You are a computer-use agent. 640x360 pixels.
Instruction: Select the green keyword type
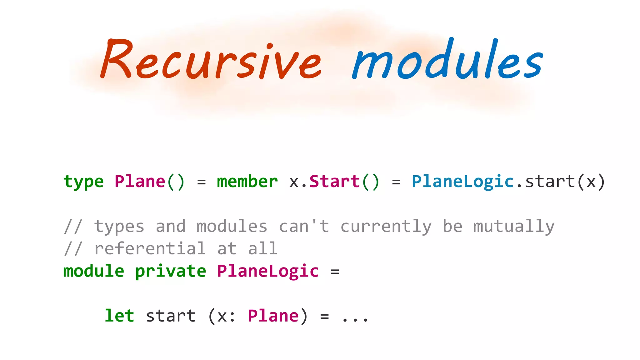[83, 182]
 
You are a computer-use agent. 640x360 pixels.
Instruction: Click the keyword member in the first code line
[247, 182]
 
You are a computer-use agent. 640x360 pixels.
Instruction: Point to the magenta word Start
[334, 182]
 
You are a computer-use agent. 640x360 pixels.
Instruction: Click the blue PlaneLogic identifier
[462, 182]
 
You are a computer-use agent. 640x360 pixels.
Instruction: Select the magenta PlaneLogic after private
[268, 271]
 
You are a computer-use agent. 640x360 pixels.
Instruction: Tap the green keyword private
[171, 271]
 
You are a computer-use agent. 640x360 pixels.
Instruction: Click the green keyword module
[94, 271]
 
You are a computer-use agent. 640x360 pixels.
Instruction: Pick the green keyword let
[119, 316]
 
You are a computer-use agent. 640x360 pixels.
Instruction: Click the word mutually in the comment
[514, 227]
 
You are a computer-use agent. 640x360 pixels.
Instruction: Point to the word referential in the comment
[150, 249]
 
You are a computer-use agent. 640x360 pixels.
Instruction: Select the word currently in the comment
[386, 227]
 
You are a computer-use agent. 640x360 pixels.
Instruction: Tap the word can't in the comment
[304, 227]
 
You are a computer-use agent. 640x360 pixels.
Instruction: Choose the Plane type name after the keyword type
[140, 182]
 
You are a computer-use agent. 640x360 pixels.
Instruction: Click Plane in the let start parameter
[273, 316]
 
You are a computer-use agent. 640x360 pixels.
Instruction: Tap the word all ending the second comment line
[263, 249]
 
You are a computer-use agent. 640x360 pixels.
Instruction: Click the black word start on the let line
[171, 316]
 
